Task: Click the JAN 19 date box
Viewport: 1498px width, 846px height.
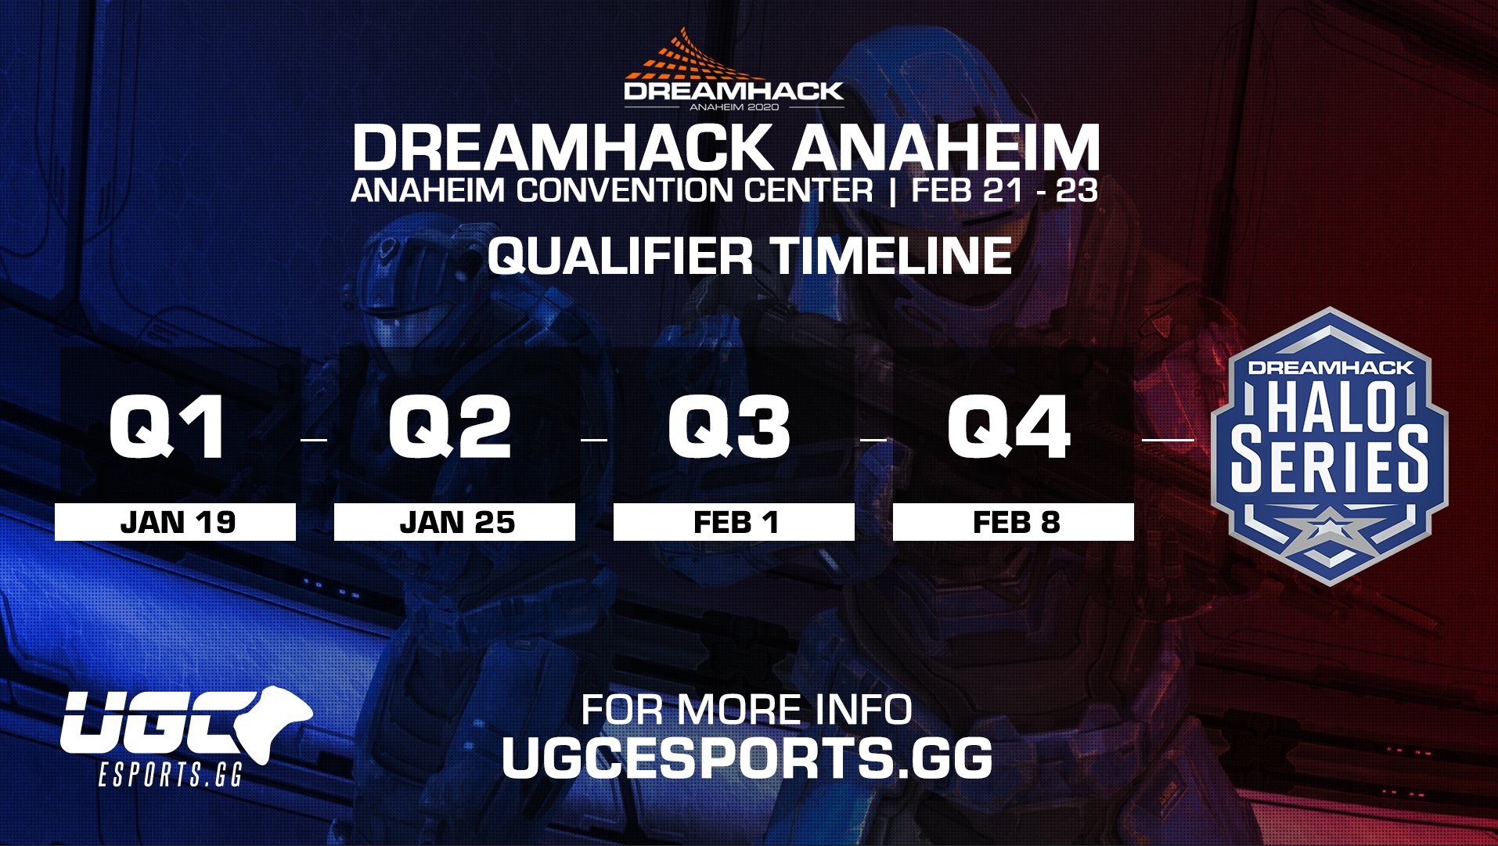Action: [175, 522]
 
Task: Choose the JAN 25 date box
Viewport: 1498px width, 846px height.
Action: [455, 522]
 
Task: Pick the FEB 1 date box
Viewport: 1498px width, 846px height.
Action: [734, 522]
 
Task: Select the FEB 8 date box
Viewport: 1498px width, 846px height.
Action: [1014, 522]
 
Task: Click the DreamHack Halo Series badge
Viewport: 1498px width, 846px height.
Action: [1330, 446]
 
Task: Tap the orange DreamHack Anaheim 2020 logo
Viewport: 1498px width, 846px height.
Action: [733, 70]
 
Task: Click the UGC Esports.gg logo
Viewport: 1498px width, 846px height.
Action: [186, 736]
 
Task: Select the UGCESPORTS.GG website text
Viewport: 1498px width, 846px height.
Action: [747, 758]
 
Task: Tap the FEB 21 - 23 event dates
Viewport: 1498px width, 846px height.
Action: [1004, 190]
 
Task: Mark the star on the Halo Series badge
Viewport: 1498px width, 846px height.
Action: [1329, 535]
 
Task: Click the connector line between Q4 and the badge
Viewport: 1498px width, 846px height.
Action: [1169, 440]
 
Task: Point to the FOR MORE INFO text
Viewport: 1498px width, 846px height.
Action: [747, 710]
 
